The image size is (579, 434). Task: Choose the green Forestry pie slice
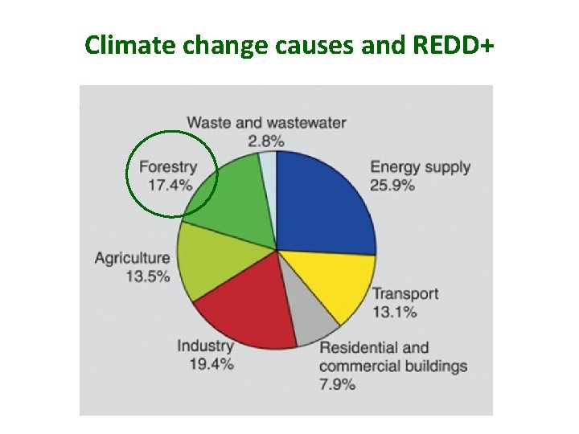[233, 201]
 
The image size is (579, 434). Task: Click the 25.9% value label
[392, 185]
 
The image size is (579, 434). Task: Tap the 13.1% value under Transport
[394, 312]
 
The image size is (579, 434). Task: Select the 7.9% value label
[337, 384]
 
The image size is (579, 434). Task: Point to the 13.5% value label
[147, 276]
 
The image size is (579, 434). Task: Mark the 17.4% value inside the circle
[170, 185]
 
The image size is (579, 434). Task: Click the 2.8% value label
[266, 141]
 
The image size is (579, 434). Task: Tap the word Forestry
[167, 167]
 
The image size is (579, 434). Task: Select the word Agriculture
[133, 258]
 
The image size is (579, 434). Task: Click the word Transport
[405, 293]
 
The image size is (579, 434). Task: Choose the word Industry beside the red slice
[205, 346]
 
